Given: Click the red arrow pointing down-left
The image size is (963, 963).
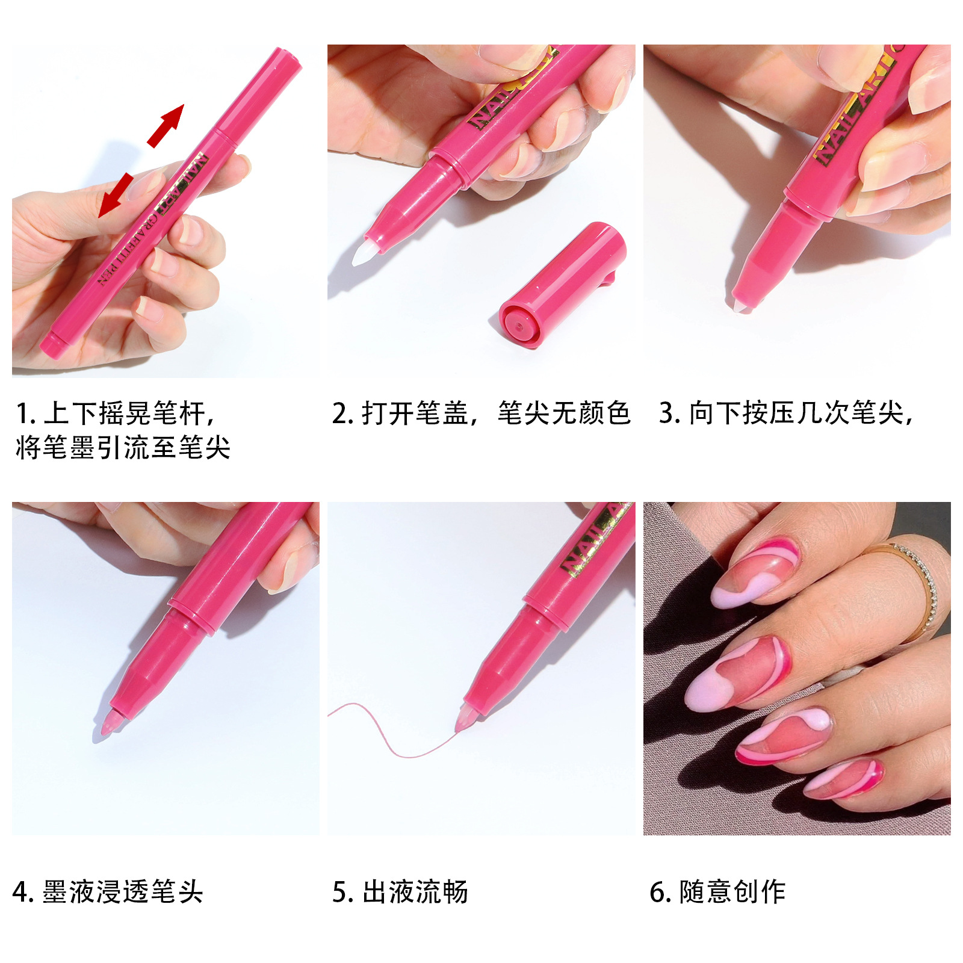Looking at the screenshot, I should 116,195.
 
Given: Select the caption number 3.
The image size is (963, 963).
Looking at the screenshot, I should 667,414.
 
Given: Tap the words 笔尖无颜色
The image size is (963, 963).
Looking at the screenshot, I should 564,413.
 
